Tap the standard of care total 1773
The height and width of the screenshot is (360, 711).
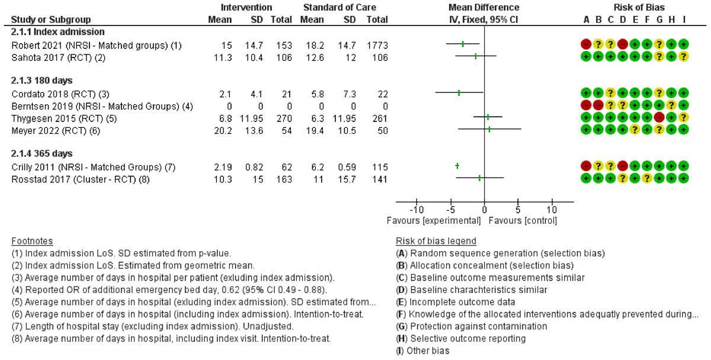376,45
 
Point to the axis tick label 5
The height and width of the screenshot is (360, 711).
518,210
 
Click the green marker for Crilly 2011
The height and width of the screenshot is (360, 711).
457,166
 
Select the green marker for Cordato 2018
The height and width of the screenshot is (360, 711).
459,93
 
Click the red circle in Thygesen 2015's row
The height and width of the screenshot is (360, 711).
659,117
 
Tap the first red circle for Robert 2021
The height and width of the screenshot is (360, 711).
586,44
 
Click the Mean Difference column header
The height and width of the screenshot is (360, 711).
483,8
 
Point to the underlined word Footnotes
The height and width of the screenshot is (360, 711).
32,241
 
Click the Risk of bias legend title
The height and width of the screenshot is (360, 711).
435,241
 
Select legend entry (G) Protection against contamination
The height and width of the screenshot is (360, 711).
471,326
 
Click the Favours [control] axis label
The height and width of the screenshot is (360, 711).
523,221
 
